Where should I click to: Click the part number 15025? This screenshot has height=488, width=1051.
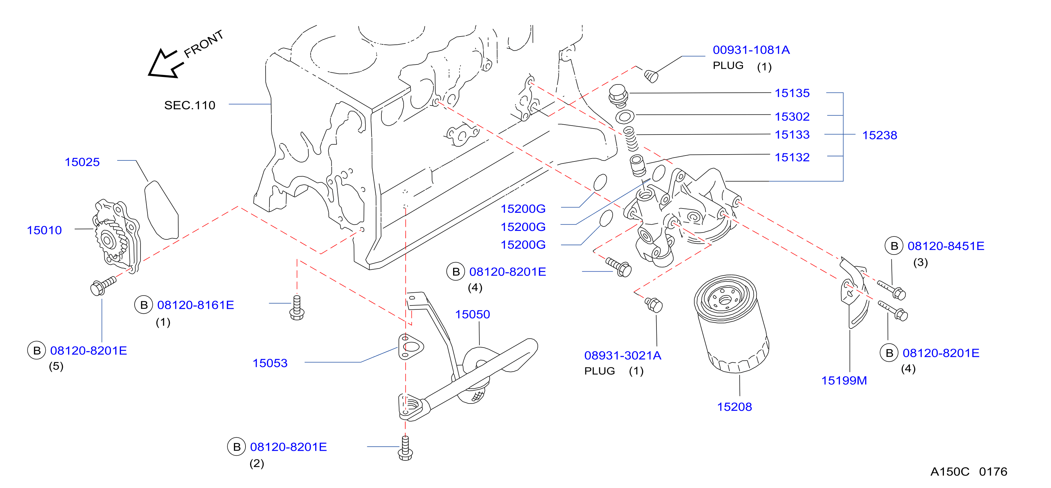[82, 162]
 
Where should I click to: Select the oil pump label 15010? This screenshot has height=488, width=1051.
[44, 230]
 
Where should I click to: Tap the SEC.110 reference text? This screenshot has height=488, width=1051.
[190, 105]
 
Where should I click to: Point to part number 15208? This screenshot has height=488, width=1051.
[734, 407]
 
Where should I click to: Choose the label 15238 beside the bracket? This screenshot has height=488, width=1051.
[880, 135]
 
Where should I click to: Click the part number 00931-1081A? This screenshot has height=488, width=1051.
[751, 50]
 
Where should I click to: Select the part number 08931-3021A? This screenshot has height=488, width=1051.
[623, 355]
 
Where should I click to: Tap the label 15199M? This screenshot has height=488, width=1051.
[844, 381]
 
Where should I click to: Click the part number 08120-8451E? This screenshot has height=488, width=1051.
[946, 246]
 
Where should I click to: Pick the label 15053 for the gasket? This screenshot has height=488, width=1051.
[270, 363]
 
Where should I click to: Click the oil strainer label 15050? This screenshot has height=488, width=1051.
[473, 314]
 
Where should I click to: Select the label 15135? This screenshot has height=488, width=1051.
[792, 93]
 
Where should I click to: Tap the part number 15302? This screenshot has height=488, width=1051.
[792, 117]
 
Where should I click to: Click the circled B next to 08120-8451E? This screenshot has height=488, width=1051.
[894, 246]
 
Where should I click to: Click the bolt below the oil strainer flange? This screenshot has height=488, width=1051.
[405, 448]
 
